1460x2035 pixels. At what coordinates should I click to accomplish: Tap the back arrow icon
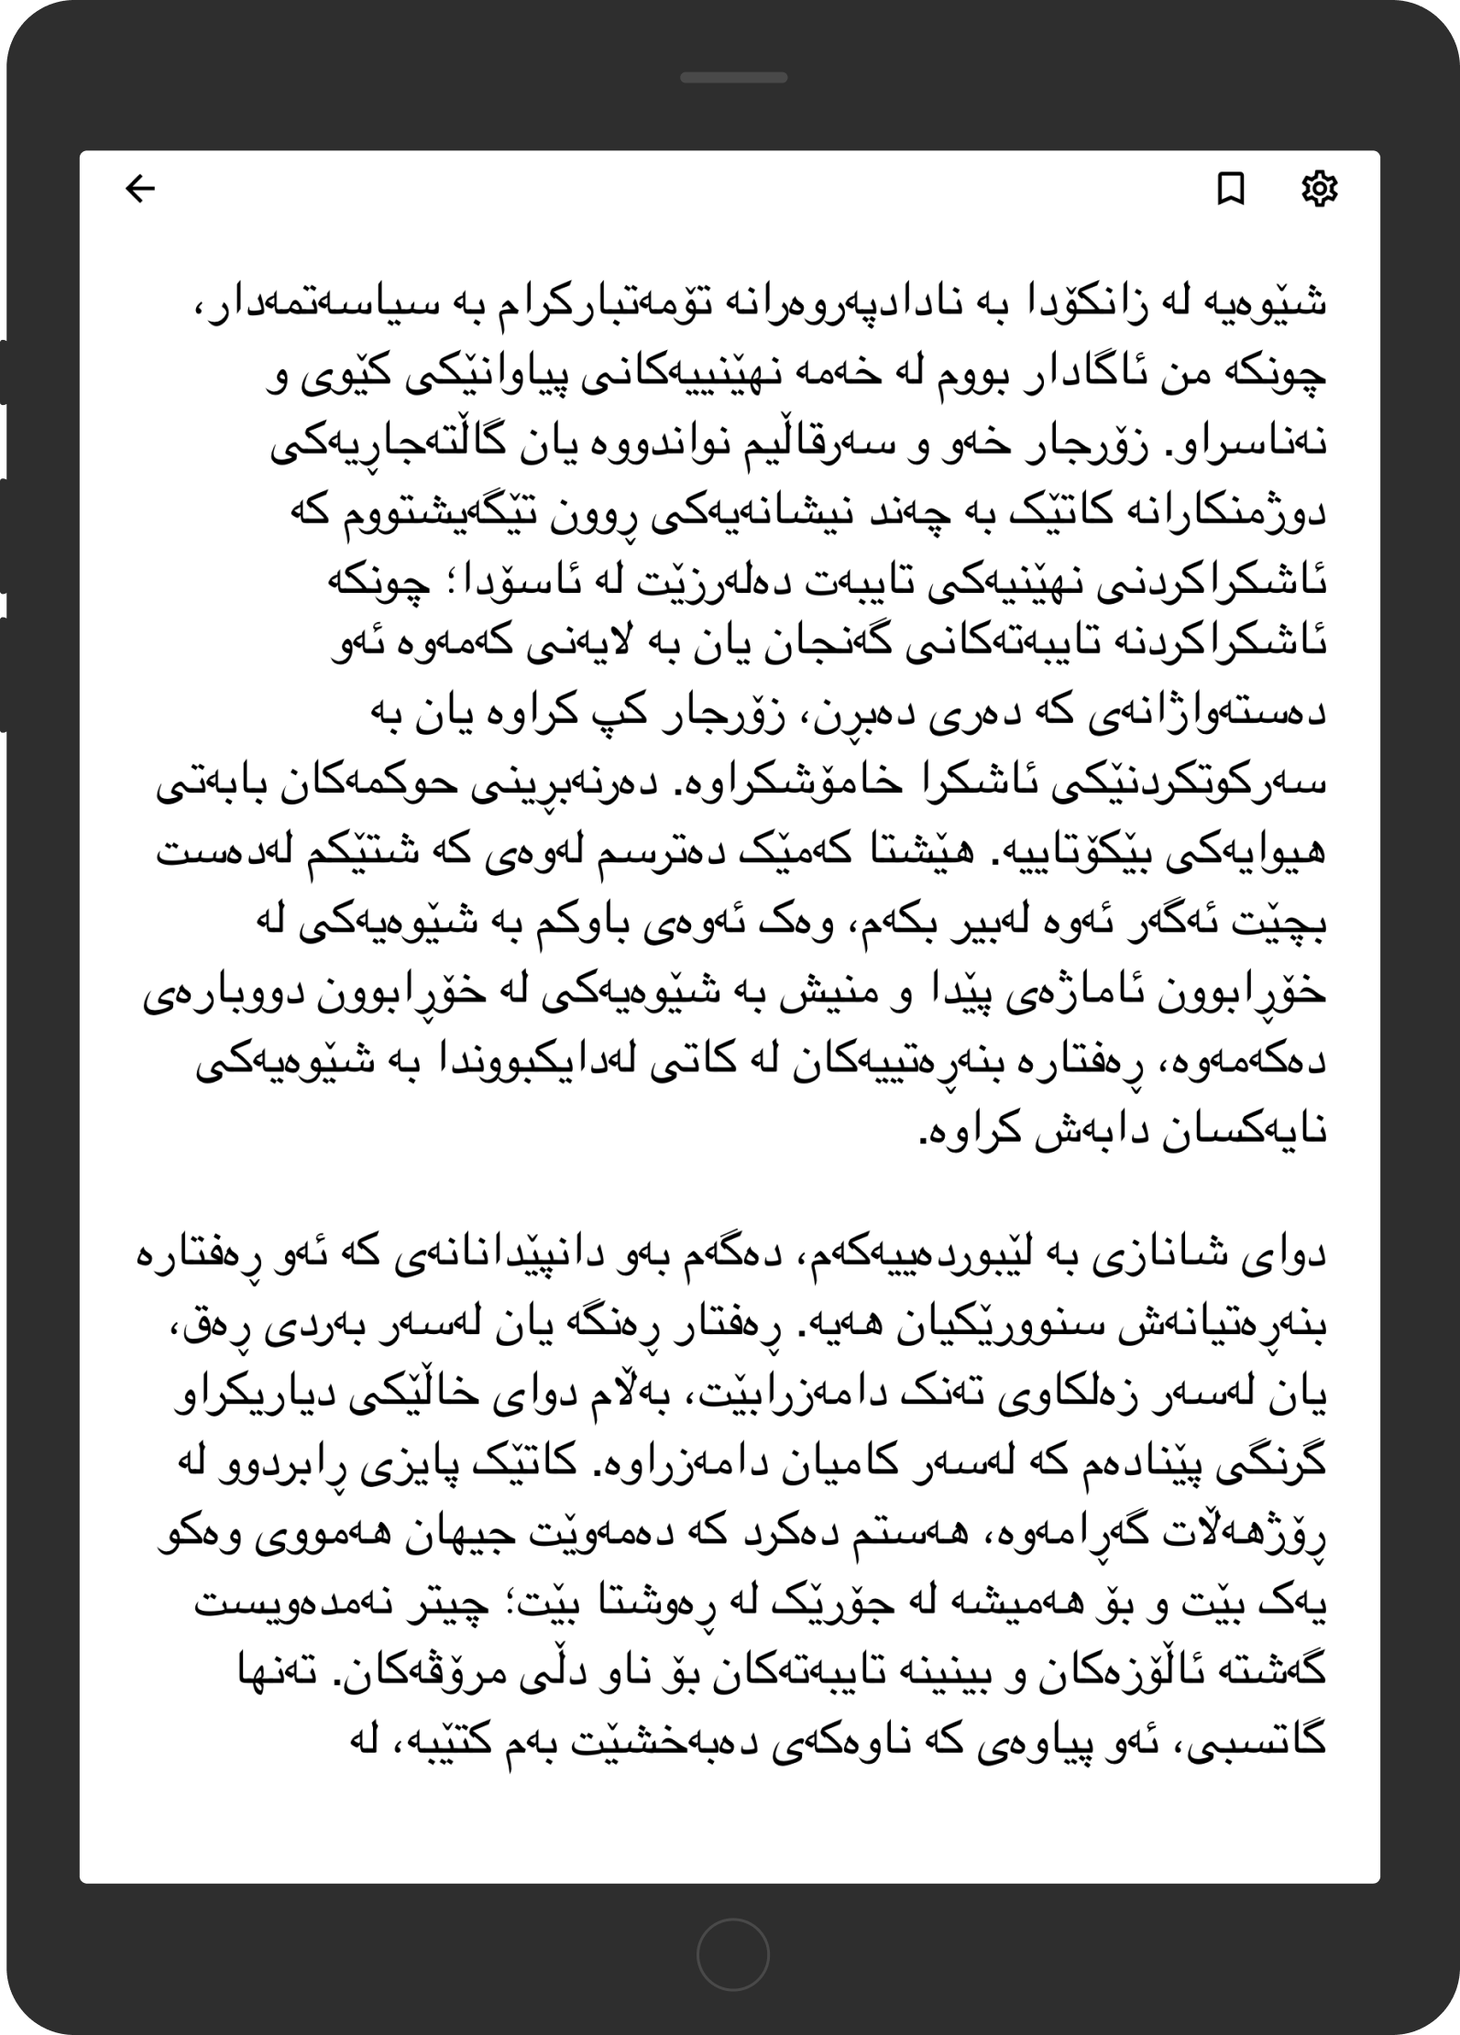point(140,190)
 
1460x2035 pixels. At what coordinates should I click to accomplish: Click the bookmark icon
point(1230,190)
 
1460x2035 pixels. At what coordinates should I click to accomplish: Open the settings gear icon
point(1319,189)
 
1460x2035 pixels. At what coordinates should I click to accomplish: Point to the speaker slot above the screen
point(733,78)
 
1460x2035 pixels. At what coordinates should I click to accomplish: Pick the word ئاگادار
point(1045,375)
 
